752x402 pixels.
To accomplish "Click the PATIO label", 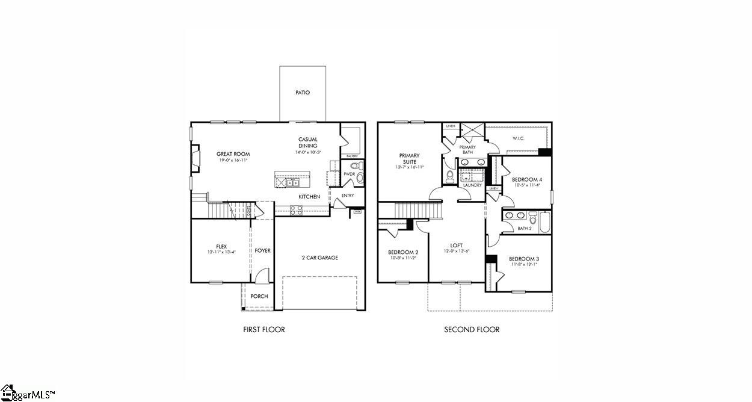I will click(303, 93).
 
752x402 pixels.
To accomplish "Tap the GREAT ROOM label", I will click(233, 154).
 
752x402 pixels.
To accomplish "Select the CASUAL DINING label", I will click(308, 143).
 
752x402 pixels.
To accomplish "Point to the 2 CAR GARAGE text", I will click(319, 258).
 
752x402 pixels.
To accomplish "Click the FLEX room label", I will click(221, 246).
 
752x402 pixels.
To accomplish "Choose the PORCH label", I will click(259, 296).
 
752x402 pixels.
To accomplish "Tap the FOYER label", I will click(262, 250).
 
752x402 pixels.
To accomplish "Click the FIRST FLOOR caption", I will click(264, 329).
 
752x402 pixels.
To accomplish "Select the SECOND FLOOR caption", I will click(472, 329).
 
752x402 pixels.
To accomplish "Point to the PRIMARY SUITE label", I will click(409, 159).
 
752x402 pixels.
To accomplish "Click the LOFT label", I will click(457, 246).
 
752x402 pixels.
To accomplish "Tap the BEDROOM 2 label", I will click(403, 252).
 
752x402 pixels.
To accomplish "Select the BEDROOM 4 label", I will click(527, 179).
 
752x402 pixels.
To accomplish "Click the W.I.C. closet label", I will click(519, 138).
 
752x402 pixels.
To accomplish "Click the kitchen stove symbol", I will click(297, 210).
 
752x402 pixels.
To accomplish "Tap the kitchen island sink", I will click(292, 183).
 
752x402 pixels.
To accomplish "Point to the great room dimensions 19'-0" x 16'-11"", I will click(232, 161).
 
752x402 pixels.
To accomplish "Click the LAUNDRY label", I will click(472, 185).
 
